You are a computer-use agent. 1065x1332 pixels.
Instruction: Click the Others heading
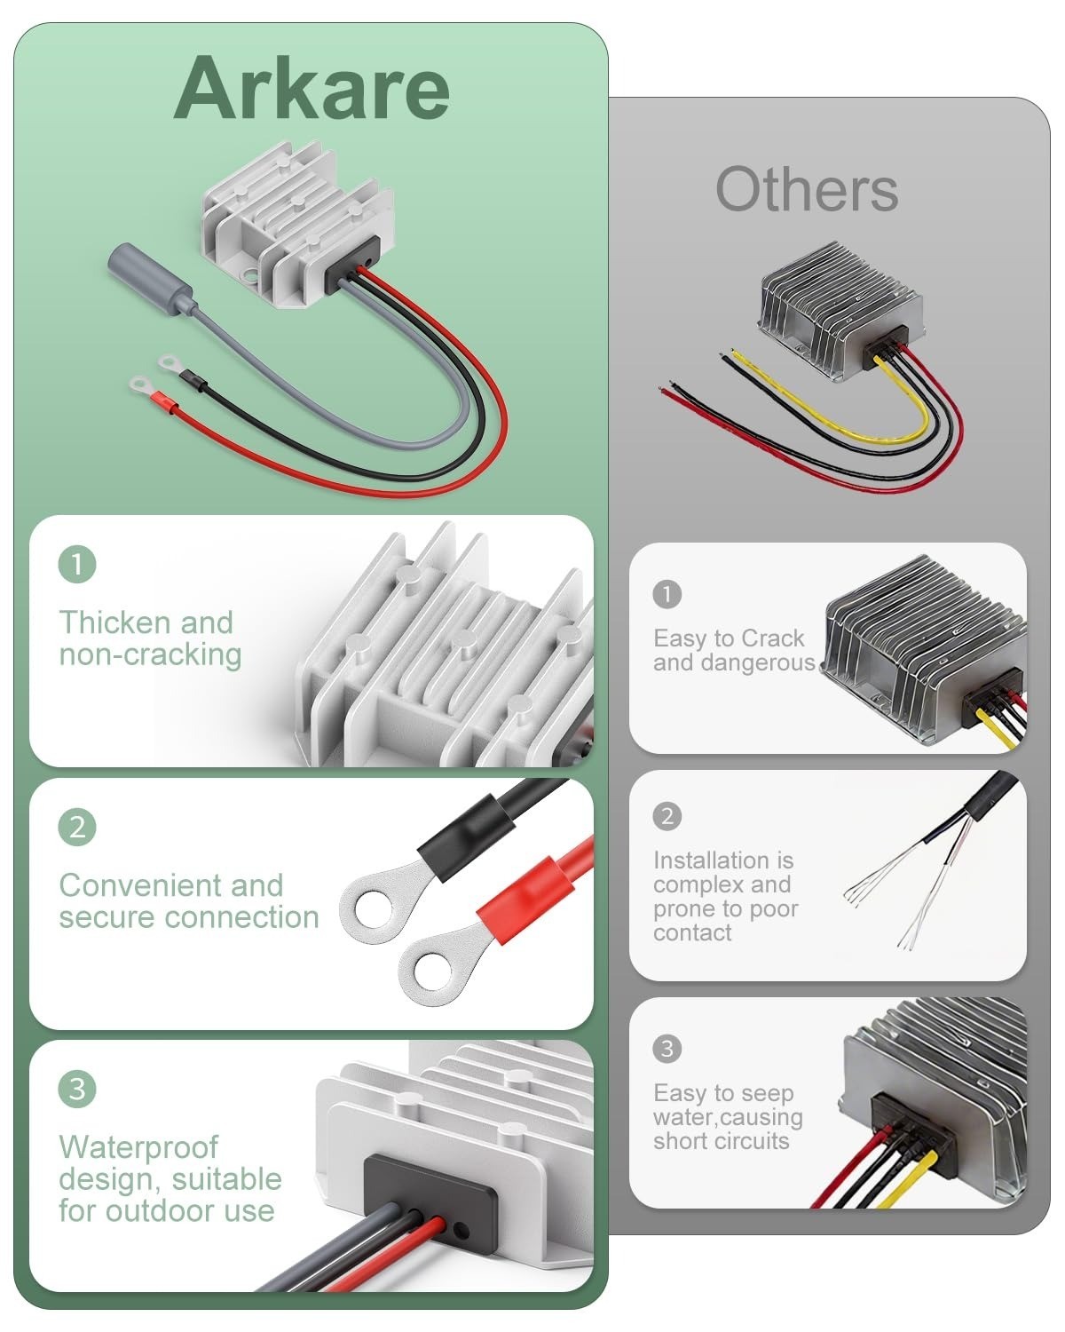click(807, 190)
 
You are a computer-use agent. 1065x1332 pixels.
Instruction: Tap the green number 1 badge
click(77, 564)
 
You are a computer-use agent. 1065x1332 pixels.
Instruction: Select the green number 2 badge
click(77, 827)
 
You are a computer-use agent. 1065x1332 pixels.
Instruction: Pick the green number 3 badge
click(77, 1090)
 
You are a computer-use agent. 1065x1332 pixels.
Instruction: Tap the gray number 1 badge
click(667, 594)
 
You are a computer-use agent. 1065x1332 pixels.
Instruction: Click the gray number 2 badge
click(667, 816)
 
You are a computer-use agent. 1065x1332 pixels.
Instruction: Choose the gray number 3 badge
click(667, 1049)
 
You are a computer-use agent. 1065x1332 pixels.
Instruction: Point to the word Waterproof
click(138, 1147)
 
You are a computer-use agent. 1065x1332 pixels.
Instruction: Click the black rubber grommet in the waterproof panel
click(430, 1195)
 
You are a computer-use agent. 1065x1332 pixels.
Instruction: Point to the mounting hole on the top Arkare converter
click(250, 274)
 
